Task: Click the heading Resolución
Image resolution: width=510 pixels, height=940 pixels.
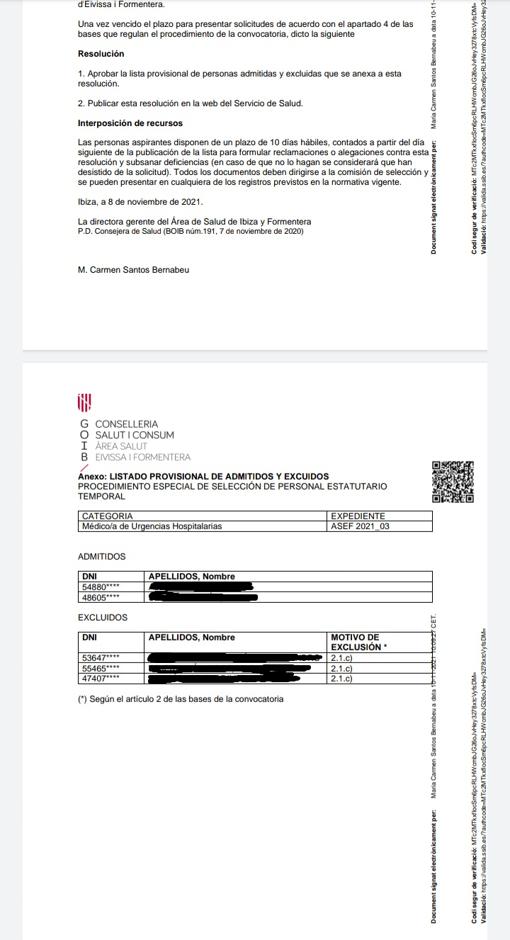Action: [x=101, y=54]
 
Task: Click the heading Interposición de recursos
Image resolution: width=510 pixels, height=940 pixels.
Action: [x=130, y=123]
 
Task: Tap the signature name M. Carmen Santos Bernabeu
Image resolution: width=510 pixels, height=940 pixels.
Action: [x=133, y=270]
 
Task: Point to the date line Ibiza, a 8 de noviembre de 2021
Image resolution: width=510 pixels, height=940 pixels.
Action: [x=140, y=202]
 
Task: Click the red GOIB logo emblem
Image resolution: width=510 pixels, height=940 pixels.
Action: [x=84, y=403]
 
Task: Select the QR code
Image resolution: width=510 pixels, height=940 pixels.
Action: [x=452, y=482]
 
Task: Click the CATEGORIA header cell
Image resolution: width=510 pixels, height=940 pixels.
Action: [x=107, y=516]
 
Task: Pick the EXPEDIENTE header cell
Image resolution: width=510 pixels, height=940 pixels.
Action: [x=358, y=516]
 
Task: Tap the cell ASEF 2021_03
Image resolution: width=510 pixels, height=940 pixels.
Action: [x=360, y=526]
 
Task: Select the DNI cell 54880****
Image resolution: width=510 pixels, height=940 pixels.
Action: [x=101, y=587]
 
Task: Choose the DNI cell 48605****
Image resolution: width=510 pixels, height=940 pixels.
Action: [x=101, y=597]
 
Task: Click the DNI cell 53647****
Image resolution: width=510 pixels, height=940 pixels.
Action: [x=101, y=658]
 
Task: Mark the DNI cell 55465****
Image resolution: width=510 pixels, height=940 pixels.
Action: [x=101, y=668]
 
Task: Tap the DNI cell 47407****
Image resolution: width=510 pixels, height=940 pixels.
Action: [x=101, y=678]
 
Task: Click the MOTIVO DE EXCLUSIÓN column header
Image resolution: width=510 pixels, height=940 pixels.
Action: [x=356, y=642]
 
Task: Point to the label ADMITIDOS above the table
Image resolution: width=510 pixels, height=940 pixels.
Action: [x=102, y=556]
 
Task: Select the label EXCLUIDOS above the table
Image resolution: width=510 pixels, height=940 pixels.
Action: [x=103, y=618]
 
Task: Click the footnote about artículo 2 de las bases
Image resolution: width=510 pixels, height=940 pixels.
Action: [x=180, y=699]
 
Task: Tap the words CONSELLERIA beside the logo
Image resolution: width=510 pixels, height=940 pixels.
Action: [x=126, y=424]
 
